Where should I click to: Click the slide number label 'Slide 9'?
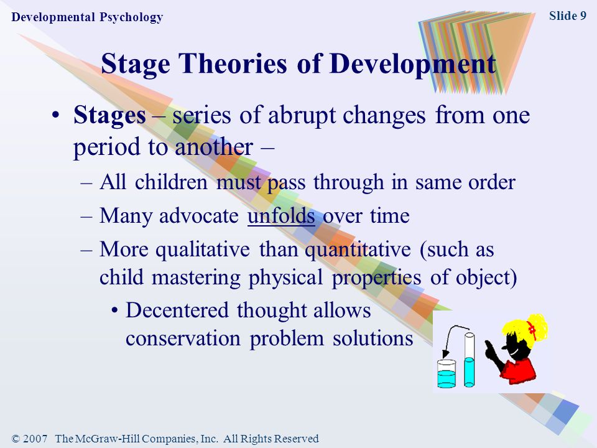tap(567, 16)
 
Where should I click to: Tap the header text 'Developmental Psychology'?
tap(87, 17)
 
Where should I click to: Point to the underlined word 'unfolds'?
tap(281, 216)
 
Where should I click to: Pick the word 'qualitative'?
tap(203, 250)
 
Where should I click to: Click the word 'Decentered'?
tap(177, 310)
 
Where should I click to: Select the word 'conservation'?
tap(183, 338)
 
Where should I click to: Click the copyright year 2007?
tap(35, 439)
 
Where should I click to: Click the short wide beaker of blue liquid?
tap(447, 374)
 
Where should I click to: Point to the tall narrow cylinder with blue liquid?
tap(470, 360)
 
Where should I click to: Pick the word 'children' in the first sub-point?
tap(171, 182)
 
